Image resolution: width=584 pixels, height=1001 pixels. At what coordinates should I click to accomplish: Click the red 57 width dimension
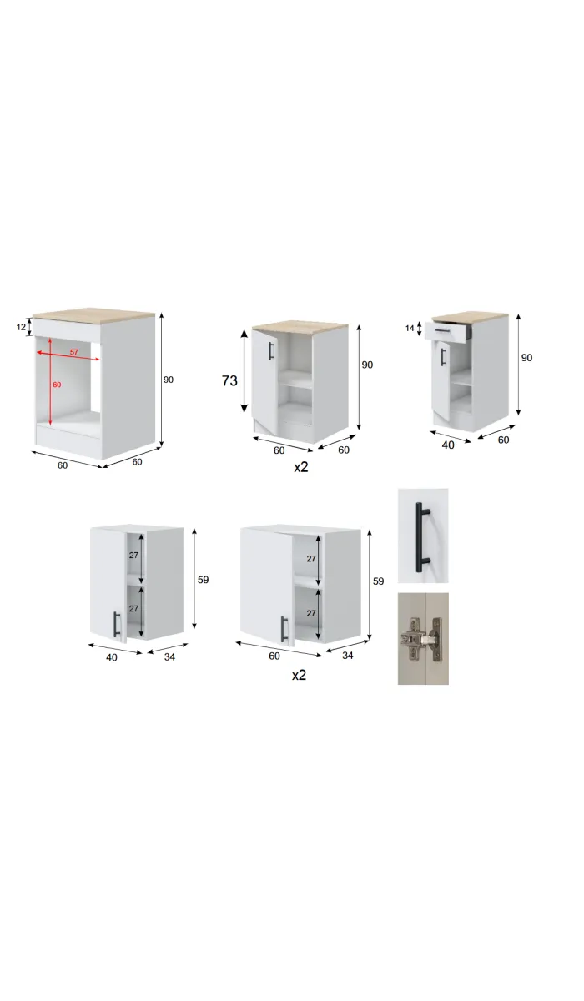(73, 352)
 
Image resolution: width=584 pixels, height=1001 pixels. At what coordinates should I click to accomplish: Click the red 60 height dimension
(57, 385)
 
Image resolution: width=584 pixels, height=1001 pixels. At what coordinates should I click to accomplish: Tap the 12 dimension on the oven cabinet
(22, 328)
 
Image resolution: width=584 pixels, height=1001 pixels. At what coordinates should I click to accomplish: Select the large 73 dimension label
(229, 380)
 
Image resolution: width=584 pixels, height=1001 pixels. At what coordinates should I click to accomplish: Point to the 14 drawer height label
(410, 329)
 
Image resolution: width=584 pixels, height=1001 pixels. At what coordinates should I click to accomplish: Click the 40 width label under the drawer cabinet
(448, 445)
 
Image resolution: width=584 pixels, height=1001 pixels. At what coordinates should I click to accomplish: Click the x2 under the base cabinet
(300, 467)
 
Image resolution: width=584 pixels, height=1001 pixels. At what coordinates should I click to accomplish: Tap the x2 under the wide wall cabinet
(299, 674)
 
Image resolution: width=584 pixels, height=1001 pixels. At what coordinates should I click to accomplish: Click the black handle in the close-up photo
(423, 535)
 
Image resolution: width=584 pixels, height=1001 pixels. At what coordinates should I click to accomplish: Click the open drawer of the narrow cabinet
(449, 331)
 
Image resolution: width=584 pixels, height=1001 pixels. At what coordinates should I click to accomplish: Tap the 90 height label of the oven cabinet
(169, 380)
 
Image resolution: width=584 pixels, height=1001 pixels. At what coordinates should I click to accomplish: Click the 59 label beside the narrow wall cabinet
(203, 580)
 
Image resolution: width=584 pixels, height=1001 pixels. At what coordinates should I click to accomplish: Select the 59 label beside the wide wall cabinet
(379, 581)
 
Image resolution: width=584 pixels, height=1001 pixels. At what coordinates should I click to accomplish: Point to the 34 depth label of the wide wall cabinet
(348, 656)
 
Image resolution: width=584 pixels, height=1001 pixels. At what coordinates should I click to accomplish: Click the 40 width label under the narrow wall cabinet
(112, 656)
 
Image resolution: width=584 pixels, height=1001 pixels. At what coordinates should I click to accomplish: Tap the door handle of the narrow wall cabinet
(116, 624)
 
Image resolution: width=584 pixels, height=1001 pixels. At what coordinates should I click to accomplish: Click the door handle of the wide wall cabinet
(284, 628)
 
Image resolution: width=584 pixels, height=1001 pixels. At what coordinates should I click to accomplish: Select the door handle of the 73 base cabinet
(270, 350)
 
